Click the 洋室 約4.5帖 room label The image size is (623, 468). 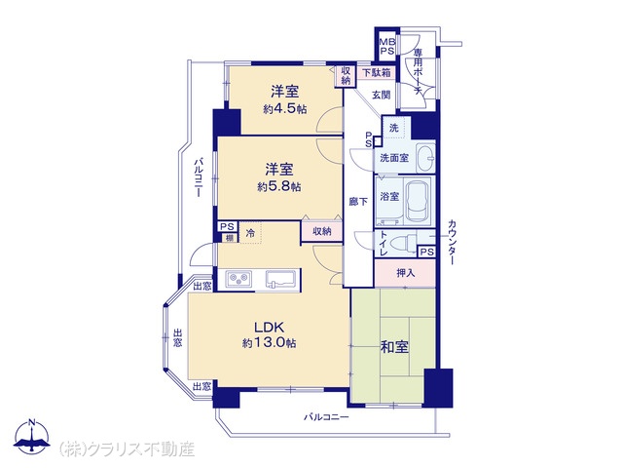pyautogui.click(x=284, y=99)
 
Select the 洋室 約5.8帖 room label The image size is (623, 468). pyautogui.click(x=279, y=177)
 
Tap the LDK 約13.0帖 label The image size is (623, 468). pyautogui.click(x=269, y=335)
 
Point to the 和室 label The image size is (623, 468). pyautogui.click(x=394, y=347)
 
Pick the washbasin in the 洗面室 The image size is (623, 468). pyautogui.click(x=425, y=158)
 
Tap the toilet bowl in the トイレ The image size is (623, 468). pyautogui.click(x=403, y=242)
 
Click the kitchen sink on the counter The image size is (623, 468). pyautogui.click(x=280, y=279)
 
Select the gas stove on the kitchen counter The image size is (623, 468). pyautogui.click(x=238, y=279)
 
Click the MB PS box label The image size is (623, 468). pyautogui.click(x=387, y=47)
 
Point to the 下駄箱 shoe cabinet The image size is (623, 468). pyautogui.click(x=377, y=73)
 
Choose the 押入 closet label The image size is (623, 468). pyautogui.click(x=405, y=273)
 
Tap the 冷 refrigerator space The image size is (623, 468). pyautogui.click(x=250, y=233)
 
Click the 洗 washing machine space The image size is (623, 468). pyautogui.click(x=393, y=128)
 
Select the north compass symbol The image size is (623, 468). pyautogui.click(x=31, y=437)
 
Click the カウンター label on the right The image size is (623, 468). pyautogui.click(x=452, y=242)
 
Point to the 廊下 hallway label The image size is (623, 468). pyautogui.click(x=358, y=202)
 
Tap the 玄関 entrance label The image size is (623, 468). pyautogui.click(x=381, y=96)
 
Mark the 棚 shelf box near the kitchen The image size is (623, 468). pyautogui.click(x=230, y=238)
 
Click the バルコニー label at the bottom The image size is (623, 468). pyautogui.click(x=326, y=417)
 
